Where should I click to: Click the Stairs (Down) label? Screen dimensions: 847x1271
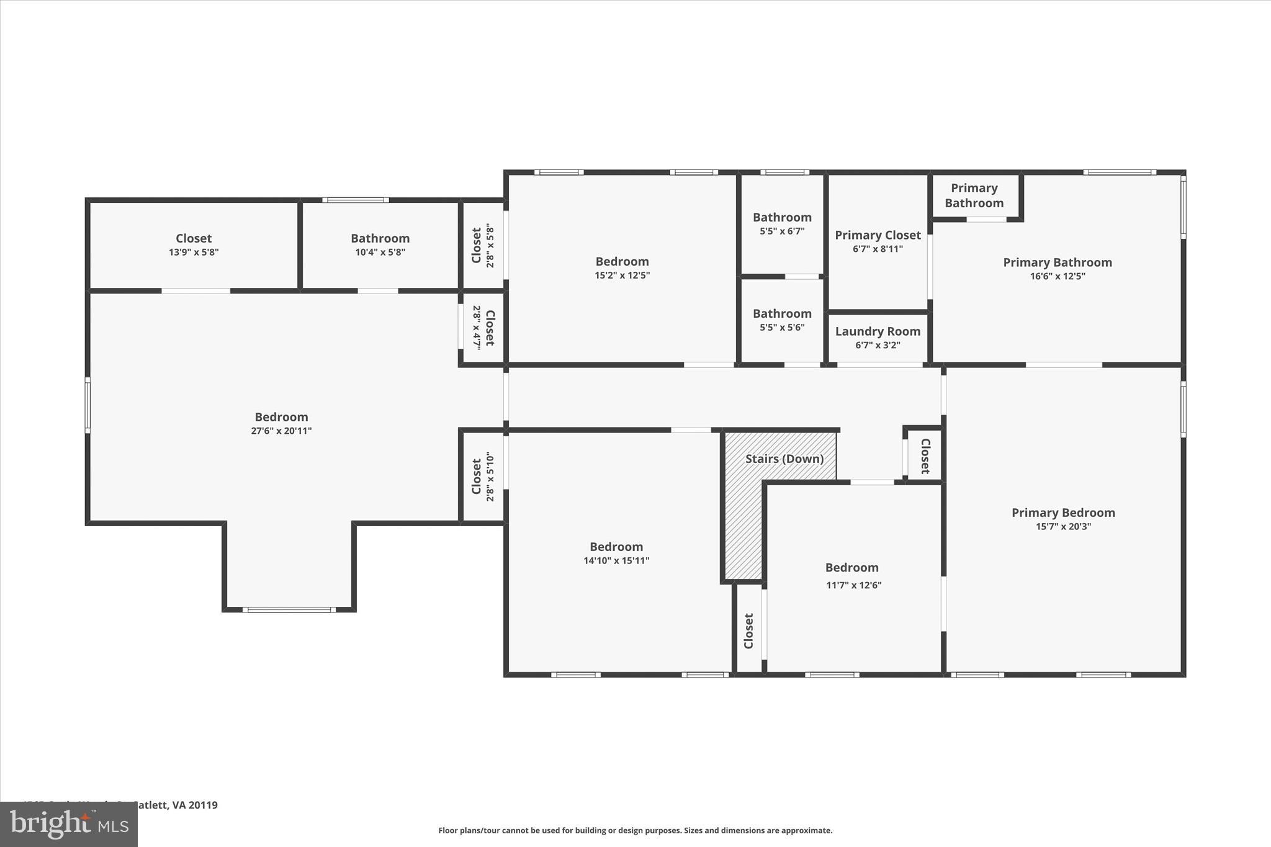tap(784, 459)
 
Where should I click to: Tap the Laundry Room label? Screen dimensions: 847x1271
tap(878, 331)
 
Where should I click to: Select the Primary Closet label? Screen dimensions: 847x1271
tap(878, 235)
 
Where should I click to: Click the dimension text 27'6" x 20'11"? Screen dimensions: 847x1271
tap(281, 431)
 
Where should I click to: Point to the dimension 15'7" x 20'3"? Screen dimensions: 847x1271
tap(1063, 526)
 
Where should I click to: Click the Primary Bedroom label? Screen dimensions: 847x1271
tap(1063, 513)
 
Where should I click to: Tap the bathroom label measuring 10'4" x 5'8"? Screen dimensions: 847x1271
tap(380, 238)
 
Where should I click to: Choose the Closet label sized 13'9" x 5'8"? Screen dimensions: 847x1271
tap(194, 238)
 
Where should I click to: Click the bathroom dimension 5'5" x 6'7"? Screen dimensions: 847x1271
tap(782, 231)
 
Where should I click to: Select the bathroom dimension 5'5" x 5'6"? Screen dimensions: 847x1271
tap(782, 327)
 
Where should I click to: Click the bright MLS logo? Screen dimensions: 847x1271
tap(69, 824)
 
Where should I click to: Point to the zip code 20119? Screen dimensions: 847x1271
tap(203, 805)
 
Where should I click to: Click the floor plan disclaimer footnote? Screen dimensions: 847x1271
tap(635, 830)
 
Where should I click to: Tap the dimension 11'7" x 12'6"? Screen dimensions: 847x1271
tap(853, 585)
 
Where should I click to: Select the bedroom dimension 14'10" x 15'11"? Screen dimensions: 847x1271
tap(616, 560)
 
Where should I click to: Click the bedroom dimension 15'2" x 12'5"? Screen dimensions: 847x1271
tap(622, 275)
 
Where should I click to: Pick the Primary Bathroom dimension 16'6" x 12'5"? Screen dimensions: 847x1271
tap(1058, 276)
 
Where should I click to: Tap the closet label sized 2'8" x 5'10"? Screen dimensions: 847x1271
tap(476, 477)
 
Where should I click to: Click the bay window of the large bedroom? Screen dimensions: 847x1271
tap(289, 609)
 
